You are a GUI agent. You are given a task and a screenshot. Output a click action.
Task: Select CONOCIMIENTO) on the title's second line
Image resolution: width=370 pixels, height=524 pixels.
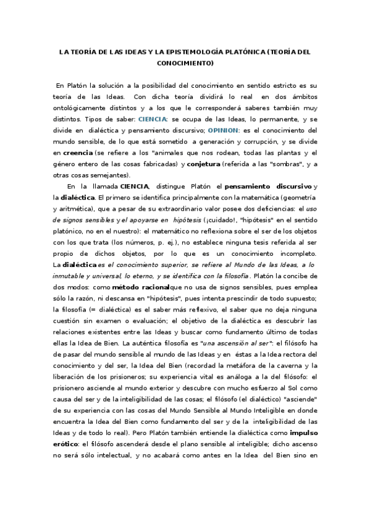point(185,63)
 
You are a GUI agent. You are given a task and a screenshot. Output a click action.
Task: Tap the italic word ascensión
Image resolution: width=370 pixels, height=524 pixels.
point(236,343)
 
